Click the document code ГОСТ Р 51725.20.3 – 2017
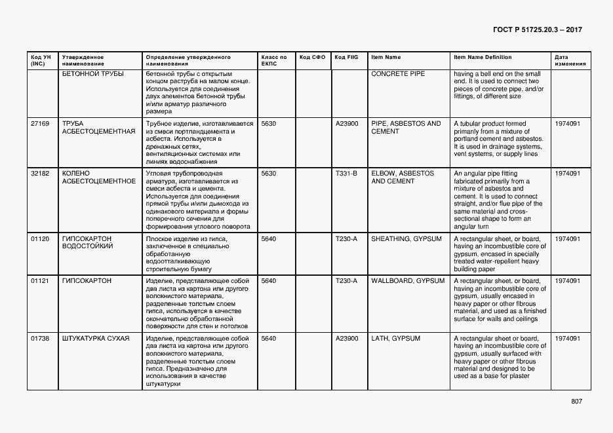coord(536,30)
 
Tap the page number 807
coord(576,402)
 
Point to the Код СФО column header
coord(312,58)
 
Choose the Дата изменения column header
coord(567,60)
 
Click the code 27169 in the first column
coord(40,124)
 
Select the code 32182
coord(40,174)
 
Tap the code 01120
coord(40,239)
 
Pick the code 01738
coord(40,339)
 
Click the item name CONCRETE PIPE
coord(398,74)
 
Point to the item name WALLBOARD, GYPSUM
coord(408,281)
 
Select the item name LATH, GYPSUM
coord(395,339)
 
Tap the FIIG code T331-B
coord(346,174)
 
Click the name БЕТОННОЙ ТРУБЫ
coord(92,74)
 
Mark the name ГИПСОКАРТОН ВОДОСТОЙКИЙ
coord(87,243)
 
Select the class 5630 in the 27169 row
coord(268,124)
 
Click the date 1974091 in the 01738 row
coord(567,339)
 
